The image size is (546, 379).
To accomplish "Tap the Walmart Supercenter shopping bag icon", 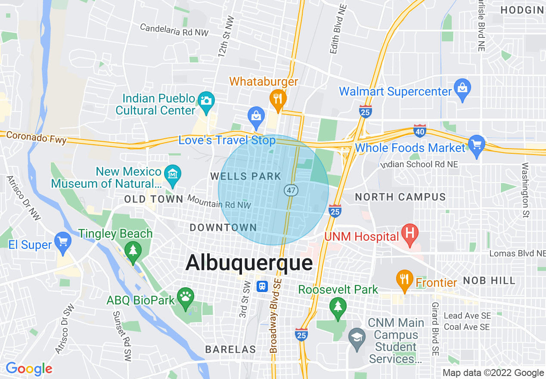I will pos(462,88).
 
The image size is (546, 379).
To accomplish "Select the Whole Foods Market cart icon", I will pos(476,144).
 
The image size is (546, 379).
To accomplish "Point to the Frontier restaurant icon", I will pos(404,279).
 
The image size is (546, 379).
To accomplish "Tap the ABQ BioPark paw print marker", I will pos(186,297).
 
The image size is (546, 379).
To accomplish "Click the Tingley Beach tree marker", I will pos(133,250).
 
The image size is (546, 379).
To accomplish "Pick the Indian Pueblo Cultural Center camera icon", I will pos(206,101).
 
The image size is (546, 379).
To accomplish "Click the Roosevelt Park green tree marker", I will pos(338,306).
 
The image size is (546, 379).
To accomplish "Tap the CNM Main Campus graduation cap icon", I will pos(357,336).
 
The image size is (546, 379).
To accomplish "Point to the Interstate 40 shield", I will pos(419,130).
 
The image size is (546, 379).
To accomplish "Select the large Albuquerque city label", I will pos(249,263).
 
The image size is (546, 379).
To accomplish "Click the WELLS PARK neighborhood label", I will pos(245,176).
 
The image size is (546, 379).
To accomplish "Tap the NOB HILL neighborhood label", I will pos(489,281).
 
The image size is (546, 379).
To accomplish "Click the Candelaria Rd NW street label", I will pos(174,30).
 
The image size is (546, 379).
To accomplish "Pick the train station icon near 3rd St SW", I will pos(262,286).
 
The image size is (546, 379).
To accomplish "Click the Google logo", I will pos(29,369).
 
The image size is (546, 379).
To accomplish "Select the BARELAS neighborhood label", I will pos(230,349).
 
